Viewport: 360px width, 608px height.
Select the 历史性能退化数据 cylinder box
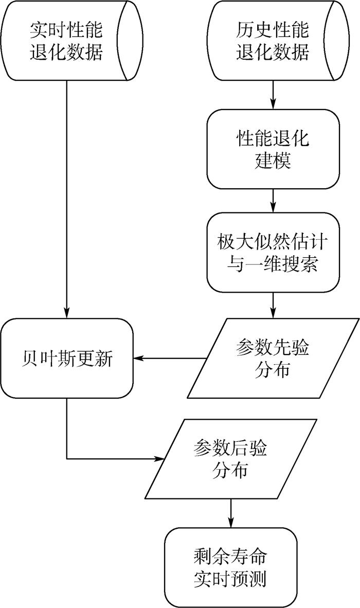pyautogui.click(x=273, y=41)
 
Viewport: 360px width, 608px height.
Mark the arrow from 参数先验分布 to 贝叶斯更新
pyautogui.click(x=170, y=359)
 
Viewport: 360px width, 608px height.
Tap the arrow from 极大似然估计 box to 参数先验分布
pyautogui.click(x=273, y=306)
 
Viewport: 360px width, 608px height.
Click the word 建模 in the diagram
pyautogui.click(x=273, y=160)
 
